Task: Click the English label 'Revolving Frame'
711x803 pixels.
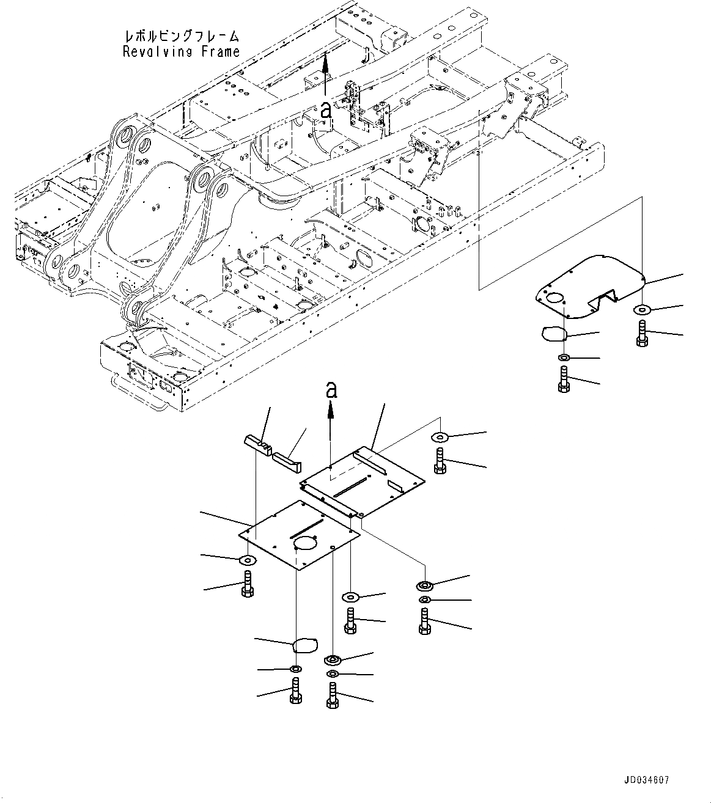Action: point(181,52)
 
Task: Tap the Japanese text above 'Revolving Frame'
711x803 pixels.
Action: point(182,37)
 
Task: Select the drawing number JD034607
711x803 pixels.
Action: point(647,780)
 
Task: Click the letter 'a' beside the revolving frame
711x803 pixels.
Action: point(325,111)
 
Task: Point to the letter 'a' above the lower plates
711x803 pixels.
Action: point(331,389)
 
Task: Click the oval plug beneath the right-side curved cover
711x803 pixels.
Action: point(554,333)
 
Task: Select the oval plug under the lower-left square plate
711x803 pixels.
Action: point(304,645)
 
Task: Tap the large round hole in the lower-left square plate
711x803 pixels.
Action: point(304,543)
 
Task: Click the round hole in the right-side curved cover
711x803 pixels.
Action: point(556,298)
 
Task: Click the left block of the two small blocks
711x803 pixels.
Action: point(259,441)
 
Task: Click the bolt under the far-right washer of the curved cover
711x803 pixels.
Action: point(642,335)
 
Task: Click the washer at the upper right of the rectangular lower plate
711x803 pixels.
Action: point(440,437)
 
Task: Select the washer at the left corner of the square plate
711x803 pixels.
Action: point(248,560)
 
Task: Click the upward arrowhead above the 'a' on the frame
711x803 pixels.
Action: point(325,60)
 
